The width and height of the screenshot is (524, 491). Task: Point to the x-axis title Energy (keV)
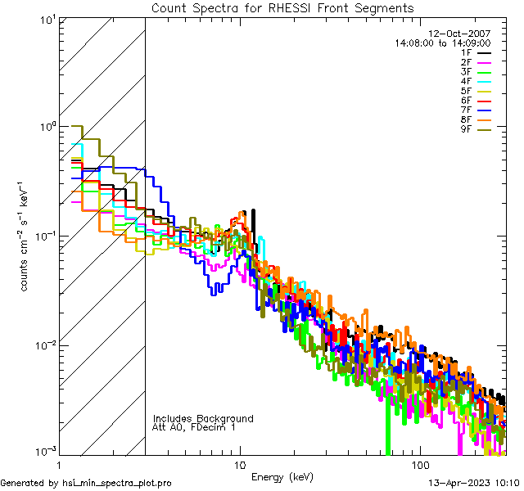click(x=282, y=476)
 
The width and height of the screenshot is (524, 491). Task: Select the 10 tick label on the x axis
click(x=239, y=464)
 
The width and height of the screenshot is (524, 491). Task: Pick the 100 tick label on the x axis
click(x=419, y=464)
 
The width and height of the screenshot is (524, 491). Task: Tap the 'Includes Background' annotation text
click(x=203, y=418)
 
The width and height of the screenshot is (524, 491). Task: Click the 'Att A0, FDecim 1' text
click(x=194, y=427)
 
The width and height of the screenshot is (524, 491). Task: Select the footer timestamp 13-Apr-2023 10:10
click(x=472, y=483)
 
